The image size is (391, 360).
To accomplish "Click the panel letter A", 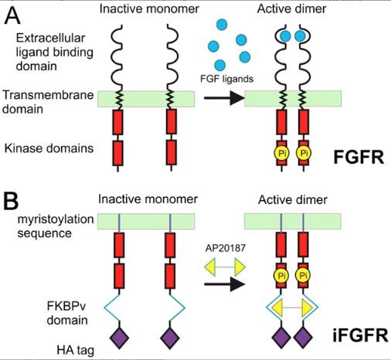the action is pyautogui.click(x=12, y=15).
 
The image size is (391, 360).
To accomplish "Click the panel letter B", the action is pyautogui.click(x=11, y=201).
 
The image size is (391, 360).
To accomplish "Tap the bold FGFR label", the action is pyautogui.click(x=359, y=157).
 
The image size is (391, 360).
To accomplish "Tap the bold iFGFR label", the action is pyautogui.click(x=360, y=335).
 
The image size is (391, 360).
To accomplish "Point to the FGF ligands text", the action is pyautogui.click(x=226, y=79).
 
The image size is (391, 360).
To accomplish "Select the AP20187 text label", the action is pyautogui.click(x=226, y=248).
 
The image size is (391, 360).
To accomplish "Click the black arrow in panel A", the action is pyautogui.click(x=224, y=98).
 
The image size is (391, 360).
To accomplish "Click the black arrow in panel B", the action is pyautogui.click(x=224, y=284).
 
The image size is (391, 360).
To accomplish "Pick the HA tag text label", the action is pyautogui.click(x=75, y=350).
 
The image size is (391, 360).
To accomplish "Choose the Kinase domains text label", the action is pyautogui.click(x=49, y=148).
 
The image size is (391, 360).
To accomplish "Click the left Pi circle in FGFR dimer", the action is pyautogui.click(x=281, y=153).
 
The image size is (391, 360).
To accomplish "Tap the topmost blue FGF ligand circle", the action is pyautogui.click(x=222, y=25).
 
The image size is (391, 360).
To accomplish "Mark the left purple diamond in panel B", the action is pyautogui.click(x=119, y=338).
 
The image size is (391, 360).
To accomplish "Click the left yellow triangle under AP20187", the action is pyautogui.click(x=210, y=267).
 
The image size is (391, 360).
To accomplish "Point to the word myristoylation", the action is pyautogui.click(x=56, y=219).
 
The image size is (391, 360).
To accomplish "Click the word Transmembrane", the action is pyautogui.click(x=48, y=95).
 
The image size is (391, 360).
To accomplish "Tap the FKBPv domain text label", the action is pyautogui.click(x=67, y=313).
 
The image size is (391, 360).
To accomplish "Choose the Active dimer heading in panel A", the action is pyautogui.click(x=291, y=9).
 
